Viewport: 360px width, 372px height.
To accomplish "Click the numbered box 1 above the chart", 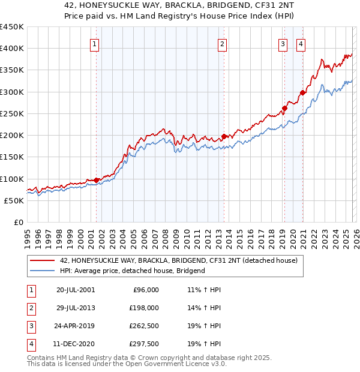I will click(95, 43).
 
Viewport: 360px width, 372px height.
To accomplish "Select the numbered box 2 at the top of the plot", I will click(222, 43).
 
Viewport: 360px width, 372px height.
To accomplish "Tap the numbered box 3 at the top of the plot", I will click(283, 43).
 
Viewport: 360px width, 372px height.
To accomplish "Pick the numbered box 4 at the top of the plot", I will click(300, 43).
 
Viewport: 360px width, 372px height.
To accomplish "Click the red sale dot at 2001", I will click(96, 180).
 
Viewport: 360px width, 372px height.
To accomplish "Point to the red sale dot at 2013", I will click(224, 136).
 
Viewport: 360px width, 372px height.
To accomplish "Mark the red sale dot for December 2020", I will click(302, 93).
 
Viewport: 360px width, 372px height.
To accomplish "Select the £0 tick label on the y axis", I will click(18, 222).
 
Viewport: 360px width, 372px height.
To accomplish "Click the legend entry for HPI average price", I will click(132, 271).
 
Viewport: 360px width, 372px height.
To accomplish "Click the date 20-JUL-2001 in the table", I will click(76, 290).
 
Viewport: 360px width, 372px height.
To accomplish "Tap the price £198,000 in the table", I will click(144, 308).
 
